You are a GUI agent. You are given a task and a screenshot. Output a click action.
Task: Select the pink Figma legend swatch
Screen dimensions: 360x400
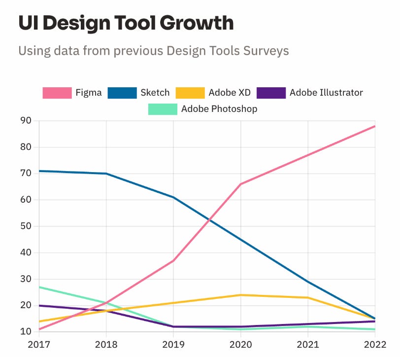coord(57,92)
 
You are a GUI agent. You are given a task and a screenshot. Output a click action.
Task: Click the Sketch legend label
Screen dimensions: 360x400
coord(155,92)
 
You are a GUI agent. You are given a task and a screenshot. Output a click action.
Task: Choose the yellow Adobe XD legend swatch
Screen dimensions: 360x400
coord(191,92)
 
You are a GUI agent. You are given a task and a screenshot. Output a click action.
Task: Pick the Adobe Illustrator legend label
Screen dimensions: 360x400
coord(326,92)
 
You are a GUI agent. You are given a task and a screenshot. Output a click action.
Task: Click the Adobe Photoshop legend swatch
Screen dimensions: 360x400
coord(163,108)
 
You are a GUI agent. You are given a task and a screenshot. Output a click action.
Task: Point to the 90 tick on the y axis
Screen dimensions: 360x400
coord(26,121)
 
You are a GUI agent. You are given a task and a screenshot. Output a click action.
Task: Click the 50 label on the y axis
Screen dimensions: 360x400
coord(26,226)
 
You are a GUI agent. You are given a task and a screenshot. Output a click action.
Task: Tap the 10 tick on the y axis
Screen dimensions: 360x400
coord(26,332)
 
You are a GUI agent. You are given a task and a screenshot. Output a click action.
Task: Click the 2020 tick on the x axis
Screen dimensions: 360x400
coord(241,344)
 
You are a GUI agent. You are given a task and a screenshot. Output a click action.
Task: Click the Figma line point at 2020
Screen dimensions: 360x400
coord(241,184)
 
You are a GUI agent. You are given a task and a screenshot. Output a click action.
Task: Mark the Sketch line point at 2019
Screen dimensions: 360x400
coord(173,197)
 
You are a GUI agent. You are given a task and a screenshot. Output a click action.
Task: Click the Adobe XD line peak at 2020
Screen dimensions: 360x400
coord(241,295)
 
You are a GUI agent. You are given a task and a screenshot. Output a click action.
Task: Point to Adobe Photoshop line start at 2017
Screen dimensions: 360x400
coord(39,287)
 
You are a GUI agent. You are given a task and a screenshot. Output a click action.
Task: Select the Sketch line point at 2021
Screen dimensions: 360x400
coord(308,282)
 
